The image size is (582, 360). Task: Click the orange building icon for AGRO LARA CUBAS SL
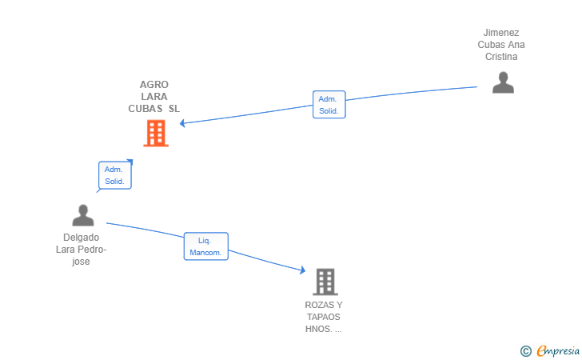click(x=156, y=134)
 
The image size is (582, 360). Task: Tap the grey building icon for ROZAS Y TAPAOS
click(x=325, y=282)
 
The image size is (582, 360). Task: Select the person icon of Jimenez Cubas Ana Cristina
click(x=503, y=82)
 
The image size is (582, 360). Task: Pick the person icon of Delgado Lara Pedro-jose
click(x=83, y=215)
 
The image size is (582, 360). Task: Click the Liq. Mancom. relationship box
click(x=206, y=246)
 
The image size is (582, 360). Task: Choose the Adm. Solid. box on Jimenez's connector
click(x=329, y=104)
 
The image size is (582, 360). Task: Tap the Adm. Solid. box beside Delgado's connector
click(x=114, y=175)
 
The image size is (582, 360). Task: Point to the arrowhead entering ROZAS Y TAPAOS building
click(x=303, y=270)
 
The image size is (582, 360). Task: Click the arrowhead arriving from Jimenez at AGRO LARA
click(x=182, y=123)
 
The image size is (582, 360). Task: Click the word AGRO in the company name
click(x=154, y=84)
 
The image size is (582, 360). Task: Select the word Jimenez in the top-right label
click(x=501, y=33)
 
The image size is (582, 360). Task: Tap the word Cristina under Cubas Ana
click(x=501, y=57)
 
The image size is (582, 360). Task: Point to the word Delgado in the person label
click(x=81, y=238)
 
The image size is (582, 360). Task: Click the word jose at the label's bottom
click(x=81, y=261)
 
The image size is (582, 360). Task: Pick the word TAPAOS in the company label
click(x=323, y=317)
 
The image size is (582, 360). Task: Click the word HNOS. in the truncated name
click(x=319, y=329)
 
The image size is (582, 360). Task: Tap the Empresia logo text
click(x=558, y=350)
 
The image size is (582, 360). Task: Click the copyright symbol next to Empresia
click(x=525, y=351)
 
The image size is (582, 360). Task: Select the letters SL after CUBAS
click(x=174, y=109)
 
